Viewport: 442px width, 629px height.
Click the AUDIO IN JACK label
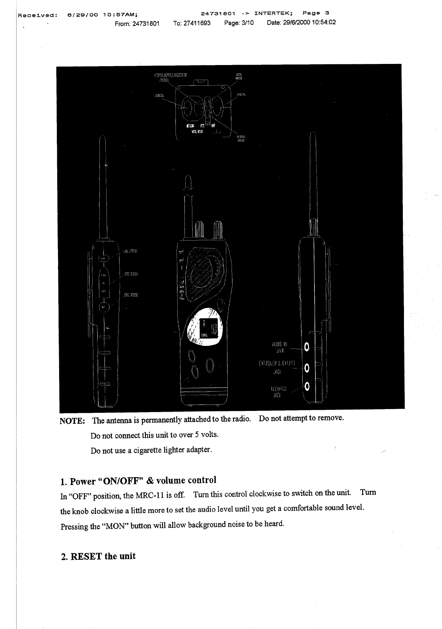point(279,347)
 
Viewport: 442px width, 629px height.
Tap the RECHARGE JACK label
point(279,392)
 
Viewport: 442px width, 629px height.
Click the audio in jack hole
point(307,346)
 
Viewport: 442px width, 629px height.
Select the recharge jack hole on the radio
point(307,386)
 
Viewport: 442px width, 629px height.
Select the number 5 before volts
point(197,435)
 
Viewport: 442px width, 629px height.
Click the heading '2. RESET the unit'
point(98,556)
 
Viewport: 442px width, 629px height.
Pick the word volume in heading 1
point(171,480)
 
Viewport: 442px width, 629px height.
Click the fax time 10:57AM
point(120,15)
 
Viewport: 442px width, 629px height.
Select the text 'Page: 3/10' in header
point(239,23)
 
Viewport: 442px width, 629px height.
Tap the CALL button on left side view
point(104,258)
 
